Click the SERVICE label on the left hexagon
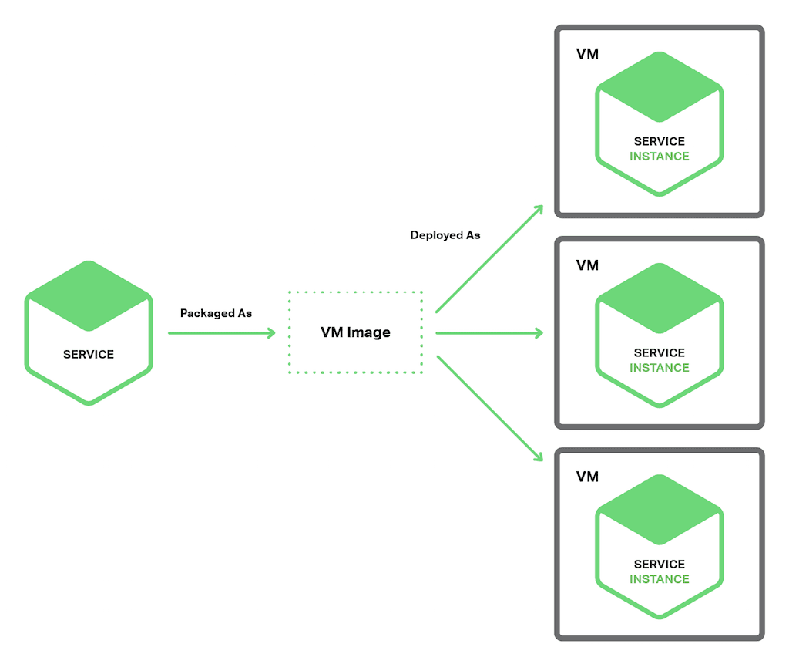pos(89,355)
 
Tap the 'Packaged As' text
pos(216,313)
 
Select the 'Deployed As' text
pos(445,235)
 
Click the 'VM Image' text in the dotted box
pos(355,332)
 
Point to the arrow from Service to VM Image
pos(222,333)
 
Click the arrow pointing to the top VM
pos(490,259)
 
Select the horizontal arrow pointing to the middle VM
pos(489,333)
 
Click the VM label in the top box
pos(587,54)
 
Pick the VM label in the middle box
pos(587,265)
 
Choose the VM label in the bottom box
pos(587,477)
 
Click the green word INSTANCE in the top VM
pos(659,156)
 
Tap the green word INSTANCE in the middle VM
pos(659,367)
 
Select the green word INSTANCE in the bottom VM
pos(659,578)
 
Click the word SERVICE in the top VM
pos(659,141)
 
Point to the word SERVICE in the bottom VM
pos(659,564)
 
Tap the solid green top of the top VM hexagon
pos(659,86)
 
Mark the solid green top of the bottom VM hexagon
pos(659,509)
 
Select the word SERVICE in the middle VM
pos(659,352)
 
